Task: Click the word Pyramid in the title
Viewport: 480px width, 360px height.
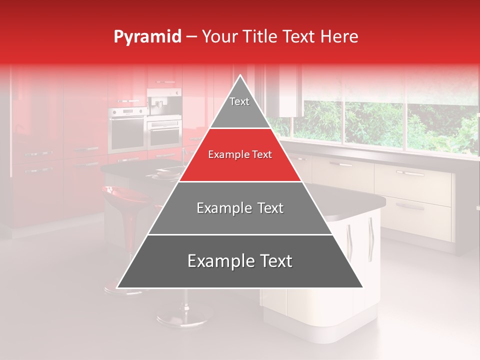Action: [147, 37]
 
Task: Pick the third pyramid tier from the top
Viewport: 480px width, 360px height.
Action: [240, 208]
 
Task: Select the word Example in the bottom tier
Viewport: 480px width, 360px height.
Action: [218, 261]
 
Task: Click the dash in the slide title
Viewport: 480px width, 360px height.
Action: [191, 37]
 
